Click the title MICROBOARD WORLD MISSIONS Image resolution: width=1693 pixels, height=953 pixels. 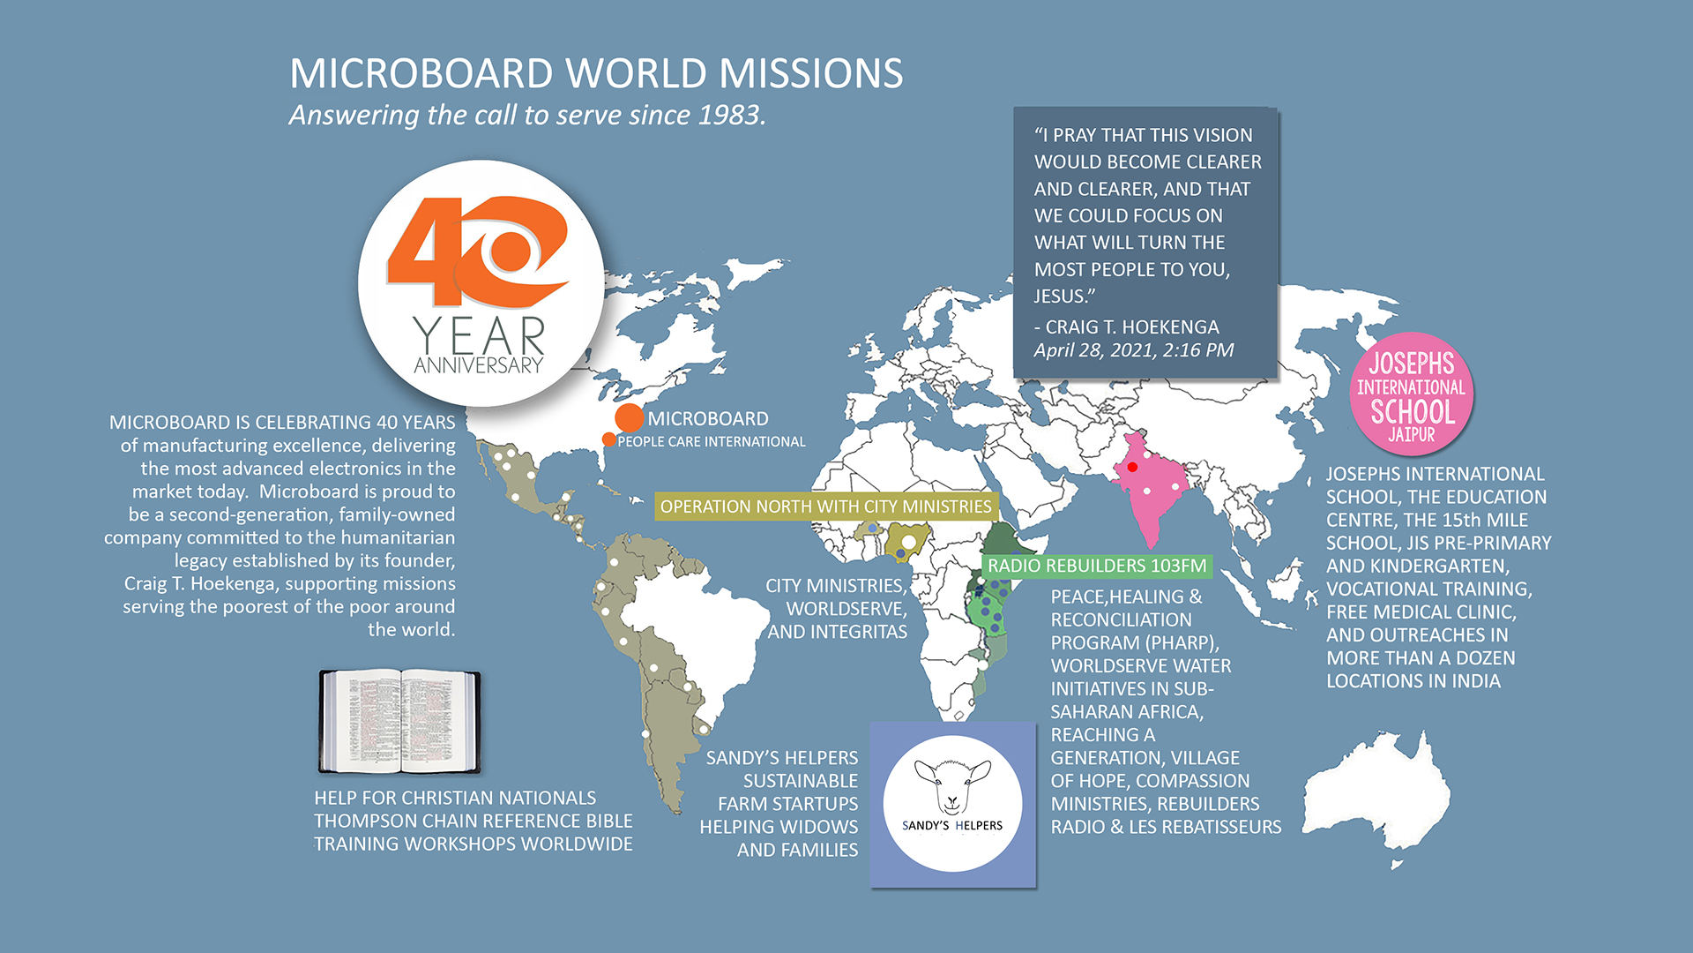[596, 73]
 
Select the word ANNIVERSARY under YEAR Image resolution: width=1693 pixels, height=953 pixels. [479, 365]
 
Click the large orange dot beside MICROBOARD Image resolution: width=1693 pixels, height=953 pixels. [629, 417]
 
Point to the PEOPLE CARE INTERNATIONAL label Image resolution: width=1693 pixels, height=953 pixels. [711, 441]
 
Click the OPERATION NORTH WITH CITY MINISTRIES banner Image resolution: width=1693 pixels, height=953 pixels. [825, 507]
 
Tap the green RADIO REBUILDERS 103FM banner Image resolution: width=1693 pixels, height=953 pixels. [1096, 566]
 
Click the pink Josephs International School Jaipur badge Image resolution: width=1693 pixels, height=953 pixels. [1411, 394]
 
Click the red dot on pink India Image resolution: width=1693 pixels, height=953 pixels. [1132, 467]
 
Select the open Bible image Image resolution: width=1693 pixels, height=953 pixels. [399, 721]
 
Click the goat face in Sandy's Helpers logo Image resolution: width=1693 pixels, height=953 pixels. [952, 784]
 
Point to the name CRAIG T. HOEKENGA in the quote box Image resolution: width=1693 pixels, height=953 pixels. [1131, 326]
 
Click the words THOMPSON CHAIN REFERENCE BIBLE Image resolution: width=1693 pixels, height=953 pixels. [473, 821]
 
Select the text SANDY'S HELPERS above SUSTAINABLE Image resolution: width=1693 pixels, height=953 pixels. [781, 758]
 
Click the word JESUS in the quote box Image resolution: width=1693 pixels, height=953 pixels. [1062, 296]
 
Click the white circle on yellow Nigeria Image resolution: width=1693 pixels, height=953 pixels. [908, 541]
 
